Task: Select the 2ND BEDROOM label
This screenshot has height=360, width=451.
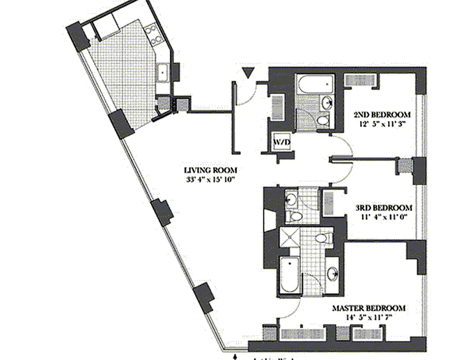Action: click(382, 114)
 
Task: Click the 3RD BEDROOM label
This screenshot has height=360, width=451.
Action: click(383, 208)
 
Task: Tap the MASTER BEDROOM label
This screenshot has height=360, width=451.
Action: click(368, 309)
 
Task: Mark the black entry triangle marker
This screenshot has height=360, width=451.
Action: click(248, 73)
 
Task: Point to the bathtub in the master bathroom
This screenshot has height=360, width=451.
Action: click(289, 275)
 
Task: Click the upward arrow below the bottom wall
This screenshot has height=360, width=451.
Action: click(235, 357)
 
